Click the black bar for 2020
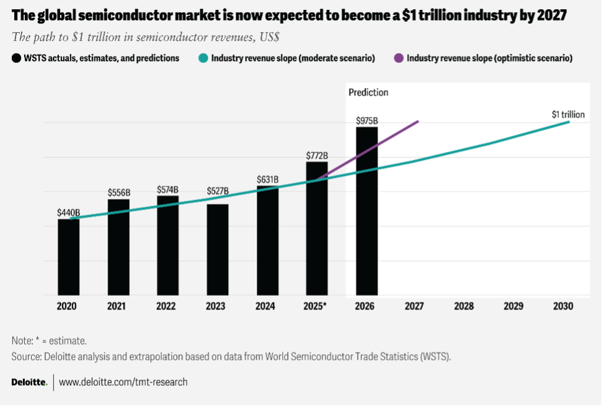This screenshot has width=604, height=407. pos(69,257)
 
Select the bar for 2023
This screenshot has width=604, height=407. pos(218,250)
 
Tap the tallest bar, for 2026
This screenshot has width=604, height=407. pos(366,211)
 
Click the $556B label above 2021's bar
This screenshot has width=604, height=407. pos(118,192)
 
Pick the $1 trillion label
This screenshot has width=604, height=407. pos(568,114)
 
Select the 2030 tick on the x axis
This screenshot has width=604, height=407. pos(562,306)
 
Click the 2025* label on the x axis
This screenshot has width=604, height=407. pos(316,306)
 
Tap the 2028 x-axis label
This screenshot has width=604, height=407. pos(463,306)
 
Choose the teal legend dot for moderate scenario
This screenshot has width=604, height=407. pos(203,58)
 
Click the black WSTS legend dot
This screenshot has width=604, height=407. pos(16,58)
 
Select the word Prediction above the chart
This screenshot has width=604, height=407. pos(368,92)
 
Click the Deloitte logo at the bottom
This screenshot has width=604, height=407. pos(29,382)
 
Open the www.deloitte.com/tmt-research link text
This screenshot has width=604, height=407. pos(123,382)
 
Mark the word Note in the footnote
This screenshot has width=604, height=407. pos(21,341)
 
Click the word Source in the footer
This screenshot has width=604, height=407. pos(25,357)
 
